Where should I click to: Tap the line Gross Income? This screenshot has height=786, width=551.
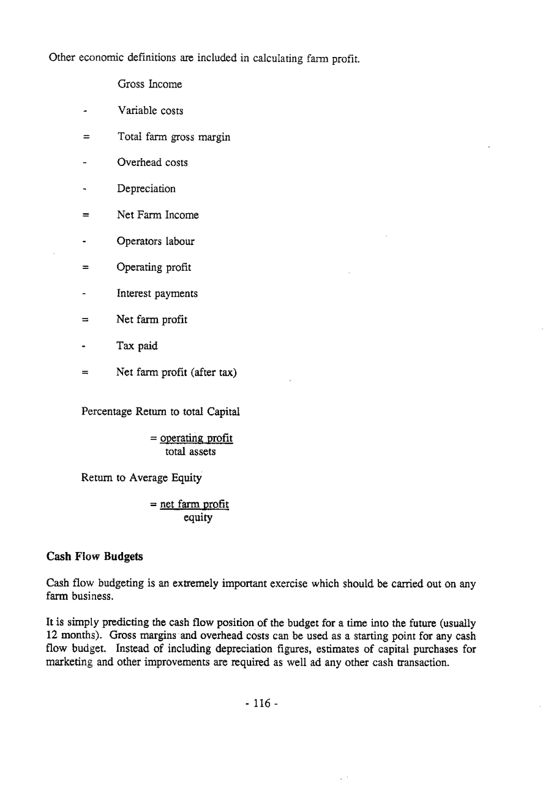149,84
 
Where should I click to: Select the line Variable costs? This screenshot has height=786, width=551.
150,111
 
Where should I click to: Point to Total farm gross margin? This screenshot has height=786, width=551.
173,137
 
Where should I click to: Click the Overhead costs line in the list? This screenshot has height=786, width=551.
152,162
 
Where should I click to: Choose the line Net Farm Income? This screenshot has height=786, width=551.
157,215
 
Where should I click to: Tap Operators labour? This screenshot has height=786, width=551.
156,241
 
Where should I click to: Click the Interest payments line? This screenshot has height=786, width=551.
157,293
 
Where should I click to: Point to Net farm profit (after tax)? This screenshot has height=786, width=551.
176,372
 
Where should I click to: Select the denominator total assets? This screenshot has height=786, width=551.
190,452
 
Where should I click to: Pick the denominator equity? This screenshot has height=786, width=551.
198,518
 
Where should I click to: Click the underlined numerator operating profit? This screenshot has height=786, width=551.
196,439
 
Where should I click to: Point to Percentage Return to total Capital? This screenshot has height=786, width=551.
160,412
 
